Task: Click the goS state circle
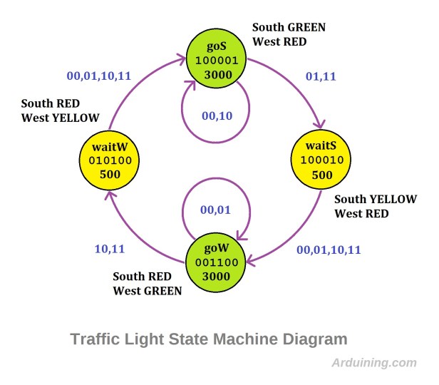point(217,61)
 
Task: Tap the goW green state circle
point(217,262)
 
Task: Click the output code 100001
point(217,62)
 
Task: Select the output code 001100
point(217,262)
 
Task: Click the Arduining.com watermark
point(374,362)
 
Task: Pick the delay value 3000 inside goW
point(217,277)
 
